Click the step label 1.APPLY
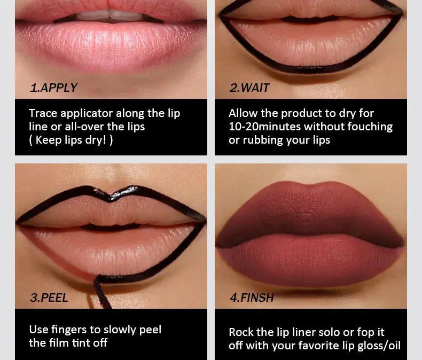[x=53, y=88]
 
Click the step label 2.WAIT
[x=249, y=88]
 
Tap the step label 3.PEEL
[x=49, y=298]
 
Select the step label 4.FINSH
[x=252, y=298]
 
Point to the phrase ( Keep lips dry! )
[x=71, y=140]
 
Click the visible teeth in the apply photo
[x=109, y=15]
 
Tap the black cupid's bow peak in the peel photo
[x=111, y=195]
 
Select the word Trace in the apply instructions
[x=43, y=113]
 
